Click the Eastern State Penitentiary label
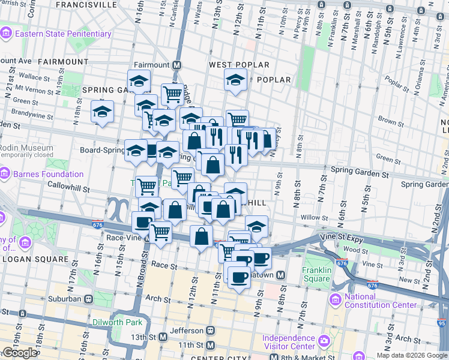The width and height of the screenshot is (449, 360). click(63, 34)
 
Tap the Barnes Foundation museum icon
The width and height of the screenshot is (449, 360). click(5, 175)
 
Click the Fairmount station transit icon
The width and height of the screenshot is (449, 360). click(177, 65)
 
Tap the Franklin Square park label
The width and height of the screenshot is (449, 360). click(317, 274)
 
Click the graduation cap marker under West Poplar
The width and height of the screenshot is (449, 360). click(235, 79)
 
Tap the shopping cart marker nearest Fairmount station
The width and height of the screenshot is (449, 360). click(172, 94)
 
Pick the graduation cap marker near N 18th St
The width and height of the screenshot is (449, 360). click(102, 112)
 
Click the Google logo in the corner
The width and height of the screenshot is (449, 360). click(19, 353)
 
